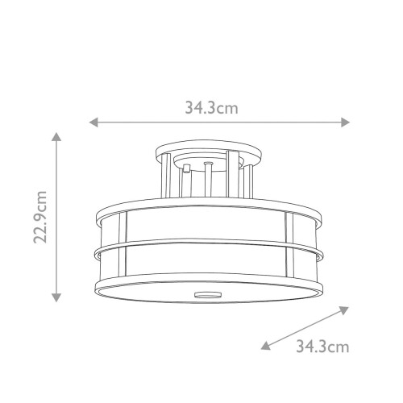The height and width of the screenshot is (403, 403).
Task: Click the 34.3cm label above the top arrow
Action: coord(213,106)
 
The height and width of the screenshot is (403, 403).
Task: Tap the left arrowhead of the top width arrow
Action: coord(93,123)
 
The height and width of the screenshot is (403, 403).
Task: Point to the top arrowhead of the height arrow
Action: coord(56,136)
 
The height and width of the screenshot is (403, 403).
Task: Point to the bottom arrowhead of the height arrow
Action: coord(56,296)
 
